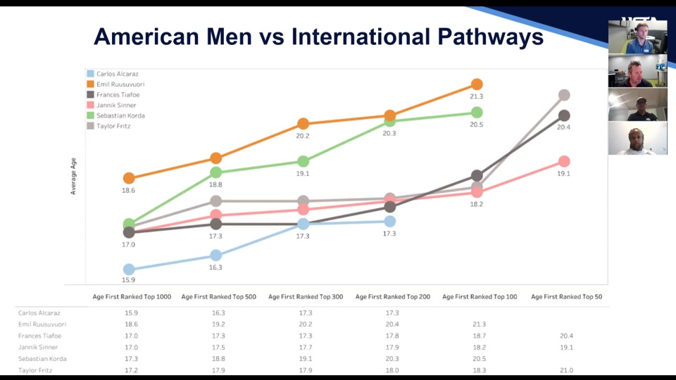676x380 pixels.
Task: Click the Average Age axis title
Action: pyautogui.click(x=73, y=176)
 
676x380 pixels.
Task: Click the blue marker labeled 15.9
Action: pyautogui.click(x=129, y=270)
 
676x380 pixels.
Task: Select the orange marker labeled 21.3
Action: pyautogui.click(x=477, y=84)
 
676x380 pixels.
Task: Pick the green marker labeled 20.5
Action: pyautogui.click(x=477, y=113)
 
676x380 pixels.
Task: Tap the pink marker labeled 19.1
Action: pyautogui.click(x=564, y=162)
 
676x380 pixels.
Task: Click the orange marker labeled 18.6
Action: pyautogui.click(x=129, y=178)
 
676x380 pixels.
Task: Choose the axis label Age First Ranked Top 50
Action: pyautogui.click(x=566, y=297)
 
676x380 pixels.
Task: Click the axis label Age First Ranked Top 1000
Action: pyautogui.click(x=132, y=297)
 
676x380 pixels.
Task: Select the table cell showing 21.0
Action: pyautogui.click(x=566, y=370)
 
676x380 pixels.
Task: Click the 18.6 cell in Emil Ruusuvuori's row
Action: pyautogui.click(x=132, y=324)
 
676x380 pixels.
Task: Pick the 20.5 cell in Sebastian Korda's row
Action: pyautogui.click(x=480, y=359)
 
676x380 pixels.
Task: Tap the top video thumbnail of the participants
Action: pyautogui.click(x=637, y=37)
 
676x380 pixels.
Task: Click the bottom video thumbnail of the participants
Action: pyautogui.click(x=637, y=139)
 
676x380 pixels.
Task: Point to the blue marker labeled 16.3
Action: pyautogui.click(x=216, y=255)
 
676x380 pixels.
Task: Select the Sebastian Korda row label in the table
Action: pyautogui.click(x=42, y=359)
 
